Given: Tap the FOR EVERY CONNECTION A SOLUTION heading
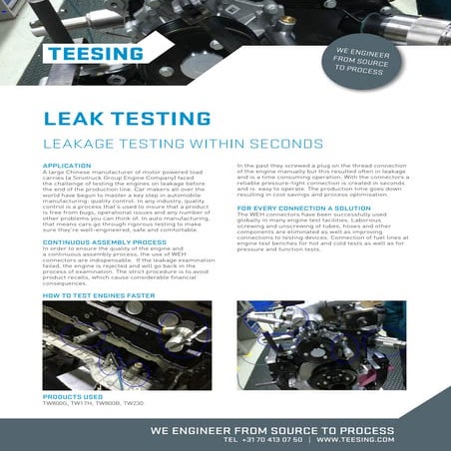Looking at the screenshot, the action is click(297, 208).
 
